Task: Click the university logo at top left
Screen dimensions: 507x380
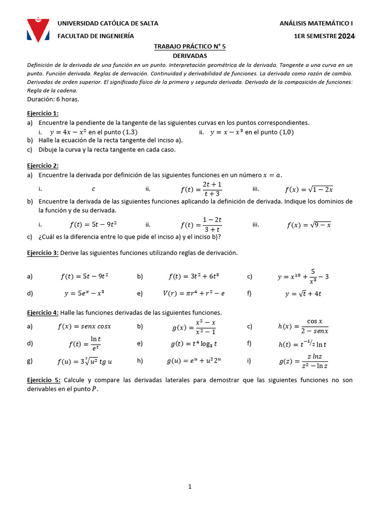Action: click(38, 30)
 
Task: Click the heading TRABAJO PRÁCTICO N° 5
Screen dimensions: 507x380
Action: click(190, 47)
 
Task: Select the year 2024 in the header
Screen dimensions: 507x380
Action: click(346, 36)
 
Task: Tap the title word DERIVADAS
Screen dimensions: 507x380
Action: click(190, 56)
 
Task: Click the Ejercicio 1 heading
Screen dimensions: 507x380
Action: click(43, 113)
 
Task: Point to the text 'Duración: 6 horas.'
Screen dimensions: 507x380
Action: click(53, 99)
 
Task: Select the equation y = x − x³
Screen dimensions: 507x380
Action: click(227, 132)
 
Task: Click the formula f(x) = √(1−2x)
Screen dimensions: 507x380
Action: click(309, 189)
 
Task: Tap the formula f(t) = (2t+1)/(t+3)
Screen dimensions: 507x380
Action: click(201, 189)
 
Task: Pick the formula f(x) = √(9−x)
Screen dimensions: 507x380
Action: click(309, 225)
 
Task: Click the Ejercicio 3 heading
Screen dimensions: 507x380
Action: click(43, 253)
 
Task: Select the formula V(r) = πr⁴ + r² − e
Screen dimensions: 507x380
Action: click(193, 293)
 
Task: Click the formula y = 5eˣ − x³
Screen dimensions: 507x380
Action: click(84, 293)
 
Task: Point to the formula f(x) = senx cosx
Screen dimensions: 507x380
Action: click(84, 326)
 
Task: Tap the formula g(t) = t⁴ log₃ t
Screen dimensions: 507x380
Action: click(194, 344)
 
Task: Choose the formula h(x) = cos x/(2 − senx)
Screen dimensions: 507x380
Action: click(303, 326)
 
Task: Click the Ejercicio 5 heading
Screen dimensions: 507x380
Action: click(44, 380)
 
